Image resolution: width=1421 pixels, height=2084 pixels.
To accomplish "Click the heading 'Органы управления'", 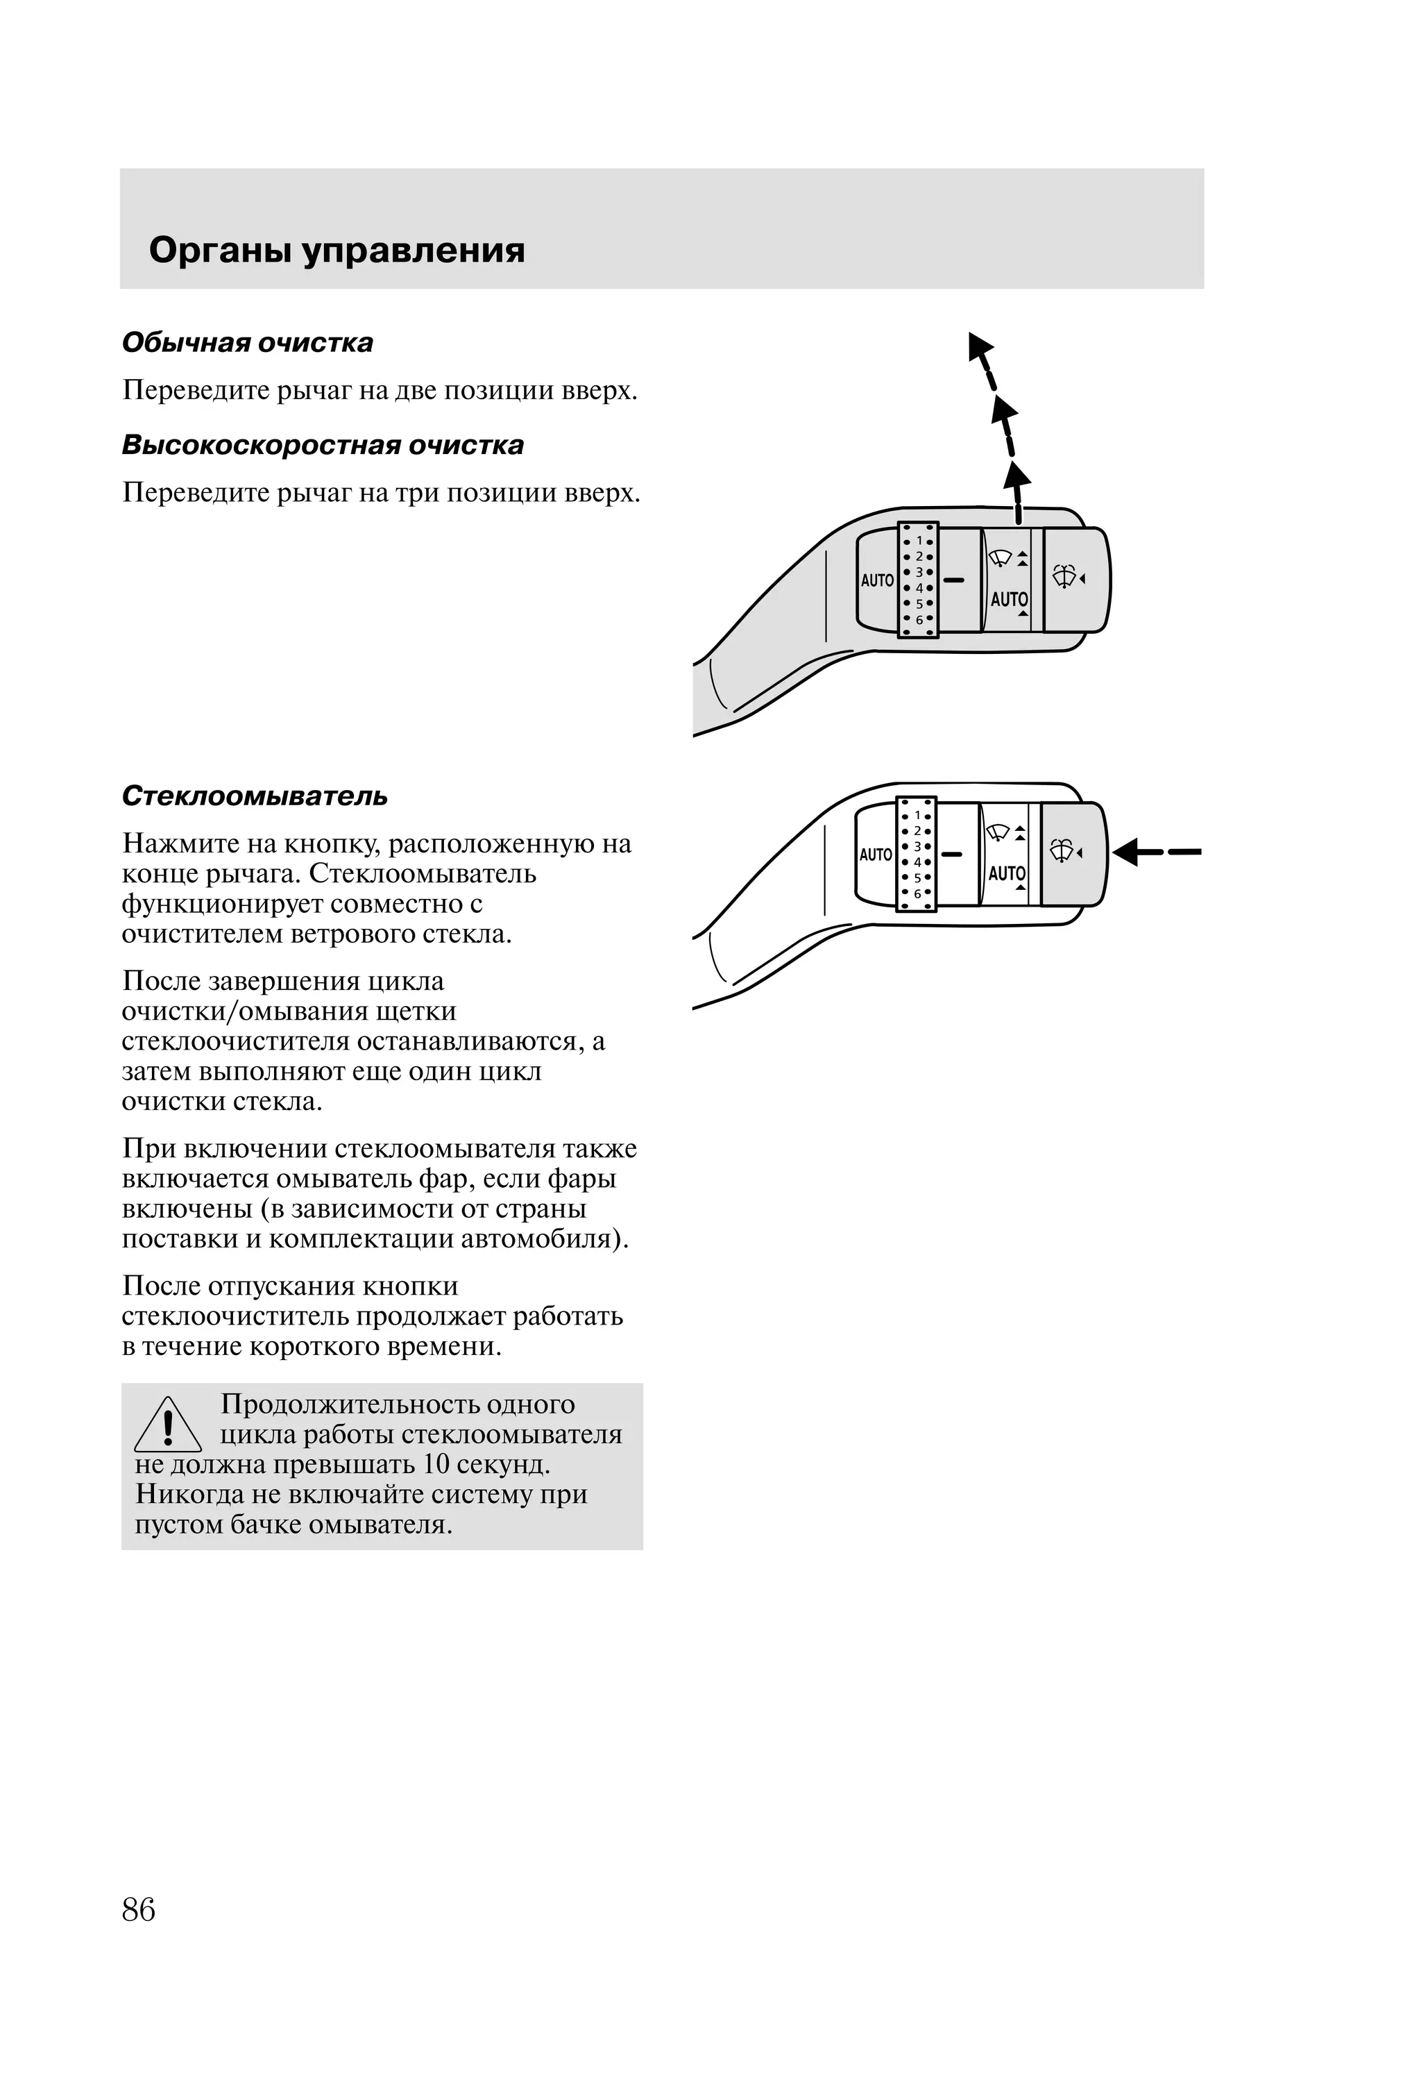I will click(x=337, y=250).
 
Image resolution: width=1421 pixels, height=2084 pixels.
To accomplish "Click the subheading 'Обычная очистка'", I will click(x=248, y=342).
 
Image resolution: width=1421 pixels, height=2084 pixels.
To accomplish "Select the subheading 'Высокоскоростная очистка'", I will click(x=323, y=445).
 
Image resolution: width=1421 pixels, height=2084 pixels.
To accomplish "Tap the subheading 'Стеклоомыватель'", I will click(x=255, y=796).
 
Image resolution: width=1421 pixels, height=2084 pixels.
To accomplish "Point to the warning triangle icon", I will click(x=168, y=1427).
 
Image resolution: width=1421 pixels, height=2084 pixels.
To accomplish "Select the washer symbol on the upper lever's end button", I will click(x=1064, y=577).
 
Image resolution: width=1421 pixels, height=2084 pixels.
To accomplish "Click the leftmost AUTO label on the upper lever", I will click(x=877, y=580).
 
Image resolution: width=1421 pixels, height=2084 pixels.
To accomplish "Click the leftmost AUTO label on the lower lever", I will click(x=875, y=855).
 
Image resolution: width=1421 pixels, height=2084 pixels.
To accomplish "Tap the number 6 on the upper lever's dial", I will click(x=919, y=620).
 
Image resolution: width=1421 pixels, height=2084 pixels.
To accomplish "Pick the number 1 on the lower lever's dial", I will click(x=917, y=816).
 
